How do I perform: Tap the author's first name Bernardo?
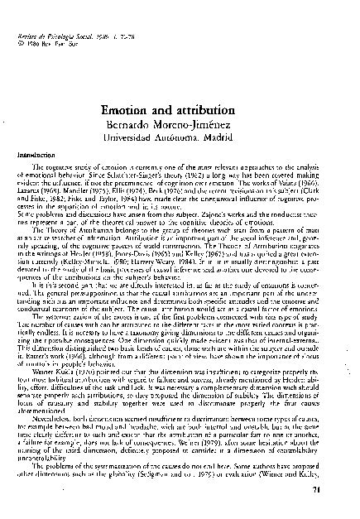pyautogui.click(x=139, y=124)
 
